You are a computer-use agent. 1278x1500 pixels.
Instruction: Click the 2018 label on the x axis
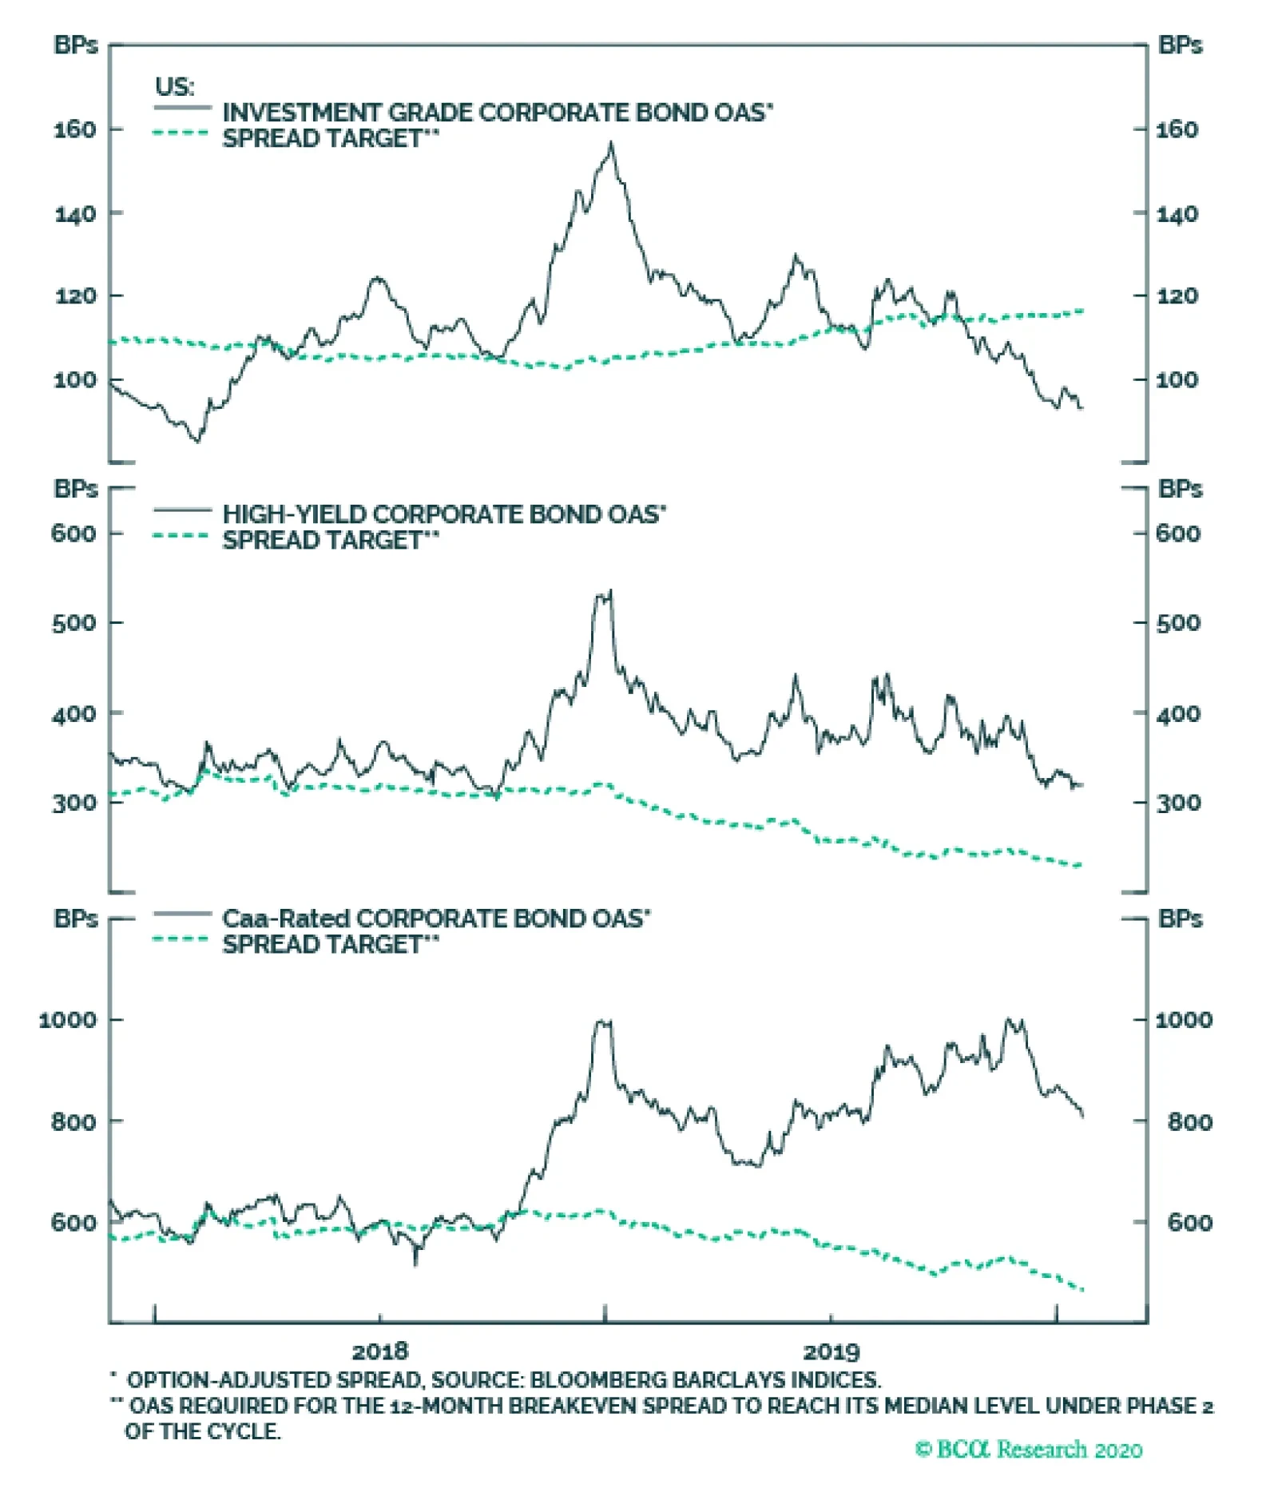pos(379,1351)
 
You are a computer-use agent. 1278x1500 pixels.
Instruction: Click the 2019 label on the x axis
pos(831,1351)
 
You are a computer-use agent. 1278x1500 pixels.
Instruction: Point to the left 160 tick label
pos(74,129)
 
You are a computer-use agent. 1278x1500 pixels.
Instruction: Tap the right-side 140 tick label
pos(1177,214)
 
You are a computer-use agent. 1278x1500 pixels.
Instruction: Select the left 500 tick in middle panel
pos(74,623)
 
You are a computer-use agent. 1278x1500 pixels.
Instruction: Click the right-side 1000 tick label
pos(1183,1020)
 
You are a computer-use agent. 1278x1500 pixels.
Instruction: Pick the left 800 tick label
pos(74,1122)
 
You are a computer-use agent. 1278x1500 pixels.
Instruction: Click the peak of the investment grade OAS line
pos(611,144)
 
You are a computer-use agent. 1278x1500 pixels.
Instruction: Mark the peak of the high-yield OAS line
pos(611,591)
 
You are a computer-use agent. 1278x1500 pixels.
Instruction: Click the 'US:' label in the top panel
pos(174,86)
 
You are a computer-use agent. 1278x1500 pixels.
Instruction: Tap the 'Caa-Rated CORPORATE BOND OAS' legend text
pos(435,919)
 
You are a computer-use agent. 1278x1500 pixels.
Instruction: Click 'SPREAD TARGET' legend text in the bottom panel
pos(329,945)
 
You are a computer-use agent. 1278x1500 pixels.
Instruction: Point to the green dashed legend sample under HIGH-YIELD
pos(182,536)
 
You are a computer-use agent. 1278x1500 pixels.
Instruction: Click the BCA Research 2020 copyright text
pos(1029,1449)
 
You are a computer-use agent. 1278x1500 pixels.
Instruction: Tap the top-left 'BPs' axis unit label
pos(76,46)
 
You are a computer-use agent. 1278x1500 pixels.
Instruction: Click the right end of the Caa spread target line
pos(1082,1290)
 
